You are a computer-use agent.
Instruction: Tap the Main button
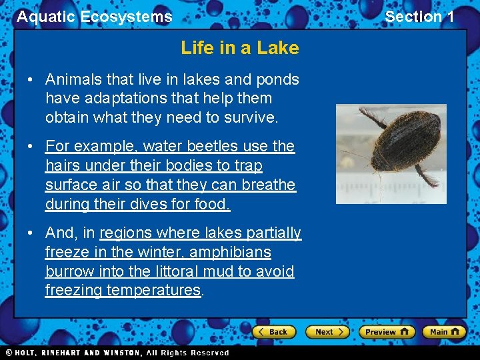point(444,331)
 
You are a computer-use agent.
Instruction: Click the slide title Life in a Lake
point(239,47)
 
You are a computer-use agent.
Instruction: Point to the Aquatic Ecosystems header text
point(94,17)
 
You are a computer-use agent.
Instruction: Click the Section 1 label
point(419,17)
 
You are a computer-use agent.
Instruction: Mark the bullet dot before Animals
point(31,80)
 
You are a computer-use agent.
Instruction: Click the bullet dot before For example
point(31,146)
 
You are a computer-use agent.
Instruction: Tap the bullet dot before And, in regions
point(31,233)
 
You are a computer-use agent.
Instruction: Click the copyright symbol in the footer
point(9,353)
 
